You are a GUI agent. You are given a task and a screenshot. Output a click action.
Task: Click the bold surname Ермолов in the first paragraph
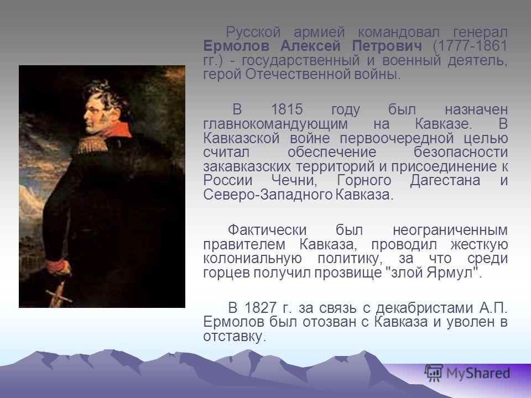coord(236,46)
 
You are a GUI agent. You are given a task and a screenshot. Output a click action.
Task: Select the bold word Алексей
coord(310,46)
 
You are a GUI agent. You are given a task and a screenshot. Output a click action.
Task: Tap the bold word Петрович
coord(387,46)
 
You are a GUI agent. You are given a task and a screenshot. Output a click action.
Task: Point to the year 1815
coord(287,109)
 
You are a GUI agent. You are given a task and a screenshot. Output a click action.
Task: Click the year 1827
coord(260,308)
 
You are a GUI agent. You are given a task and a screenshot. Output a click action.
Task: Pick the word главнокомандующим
coord(275,124)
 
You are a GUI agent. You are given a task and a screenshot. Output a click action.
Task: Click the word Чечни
coord(294,180)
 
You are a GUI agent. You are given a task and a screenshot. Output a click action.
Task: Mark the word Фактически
coord(267,230)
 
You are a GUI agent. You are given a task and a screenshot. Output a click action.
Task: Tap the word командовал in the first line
coord(399,33)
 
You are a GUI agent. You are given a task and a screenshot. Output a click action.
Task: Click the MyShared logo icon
coord(434,373)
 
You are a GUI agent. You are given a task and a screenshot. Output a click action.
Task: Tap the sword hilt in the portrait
coord(58,295)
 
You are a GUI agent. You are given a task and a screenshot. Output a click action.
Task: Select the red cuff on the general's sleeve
coord(57,266)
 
